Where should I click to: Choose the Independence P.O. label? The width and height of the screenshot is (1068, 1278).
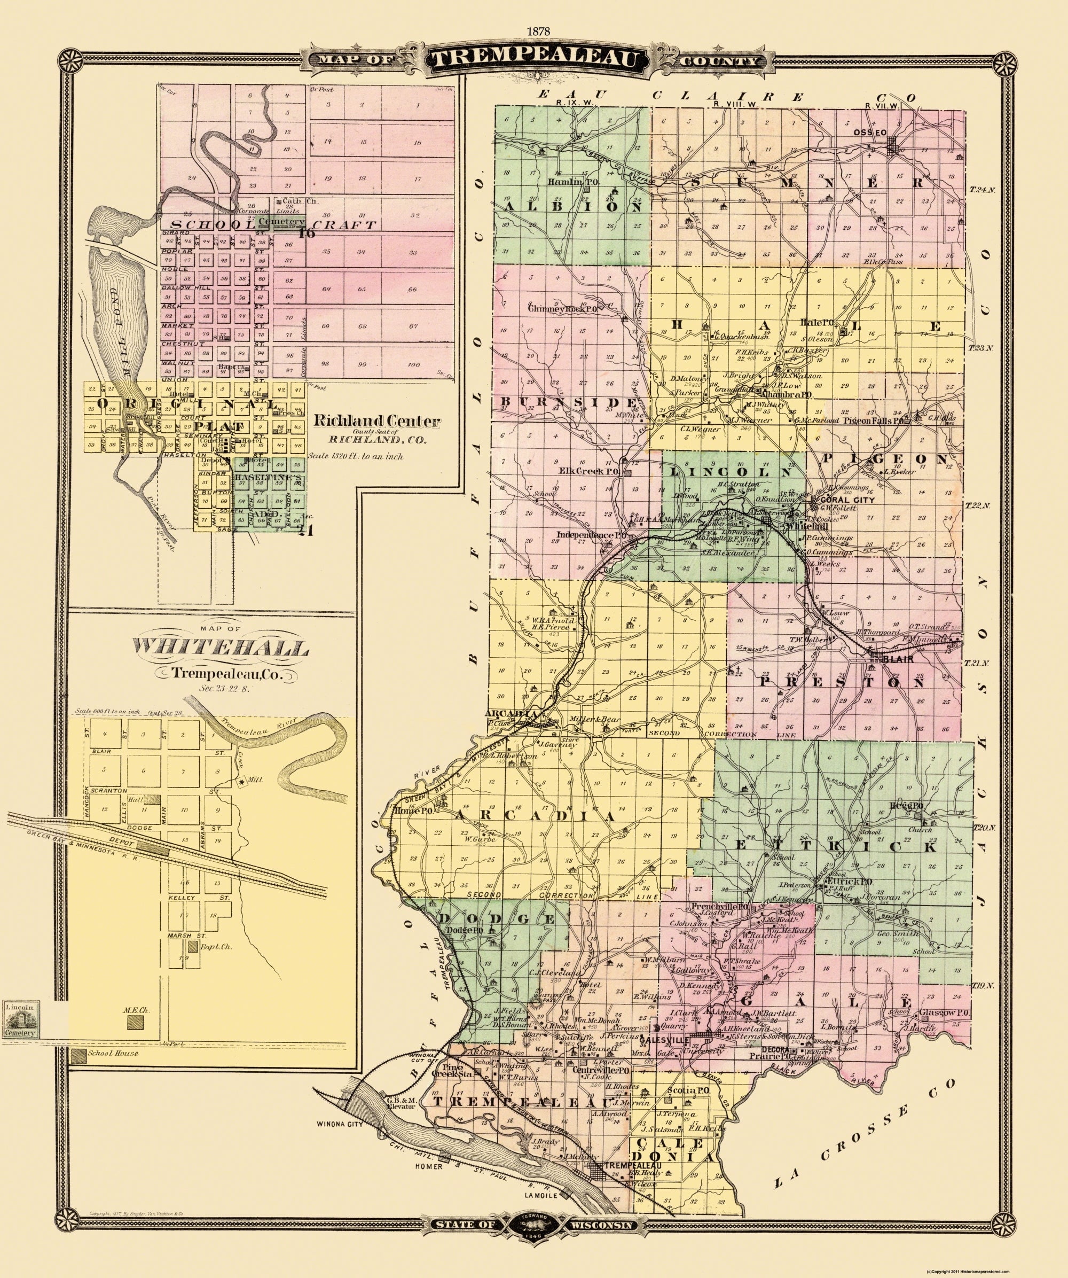click(x=593, y=535)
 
